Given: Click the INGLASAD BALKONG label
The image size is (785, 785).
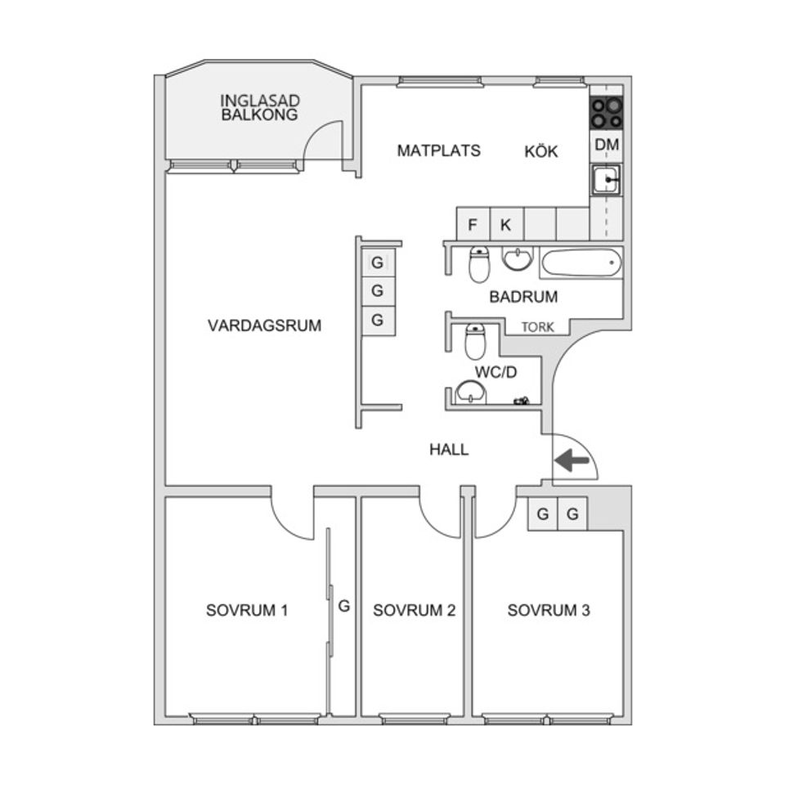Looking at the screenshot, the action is click(259, 108).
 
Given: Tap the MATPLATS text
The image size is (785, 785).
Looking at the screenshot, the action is click(438, 150).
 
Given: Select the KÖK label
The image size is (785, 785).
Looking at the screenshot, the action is click(541, 151).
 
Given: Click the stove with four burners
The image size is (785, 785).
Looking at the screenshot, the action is click(606, 113).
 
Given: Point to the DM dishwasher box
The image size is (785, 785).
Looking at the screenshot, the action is click(607, 146).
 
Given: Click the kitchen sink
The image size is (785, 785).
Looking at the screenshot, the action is click(606, 180).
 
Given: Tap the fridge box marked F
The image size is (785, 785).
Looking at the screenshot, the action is click(473, 225).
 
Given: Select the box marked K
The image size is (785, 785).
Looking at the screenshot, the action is click(506, 225).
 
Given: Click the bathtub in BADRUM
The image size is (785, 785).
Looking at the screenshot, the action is click(581, 262).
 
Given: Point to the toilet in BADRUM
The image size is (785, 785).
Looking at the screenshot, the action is click(479, 264).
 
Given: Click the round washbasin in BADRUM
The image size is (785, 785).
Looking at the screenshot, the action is click(517, 258).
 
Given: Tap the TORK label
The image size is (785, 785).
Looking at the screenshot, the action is click(538, 327).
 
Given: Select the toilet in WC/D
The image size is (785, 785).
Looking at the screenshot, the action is click(475, 342).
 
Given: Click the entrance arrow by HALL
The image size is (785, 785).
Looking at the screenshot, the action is click(572, 460).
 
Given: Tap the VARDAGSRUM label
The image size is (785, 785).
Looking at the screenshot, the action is click(264, 325).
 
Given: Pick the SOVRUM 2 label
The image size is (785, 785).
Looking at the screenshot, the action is click(414, 610).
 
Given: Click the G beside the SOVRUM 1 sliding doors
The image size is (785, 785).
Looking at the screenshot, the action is click(344, 606).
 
